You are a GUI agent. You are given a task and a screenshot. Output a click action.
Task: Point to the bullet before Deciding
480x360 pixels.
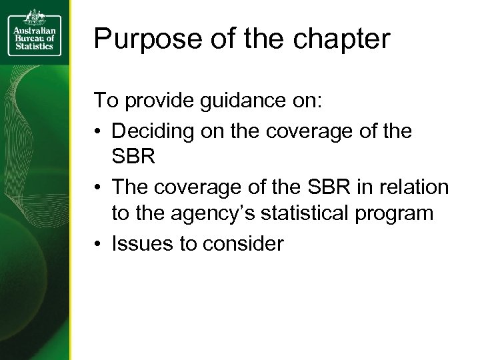(98, 131)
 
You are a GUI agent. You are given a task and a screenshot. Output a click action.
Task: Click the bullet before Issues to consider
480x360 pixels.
(98, 245)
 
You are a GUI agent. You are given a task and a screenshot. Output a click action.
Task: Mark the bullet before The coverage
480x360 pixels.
(98, 188)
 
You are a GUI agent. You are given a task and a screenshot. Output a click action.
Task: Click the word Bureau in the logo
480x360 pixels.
(27, 41)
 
